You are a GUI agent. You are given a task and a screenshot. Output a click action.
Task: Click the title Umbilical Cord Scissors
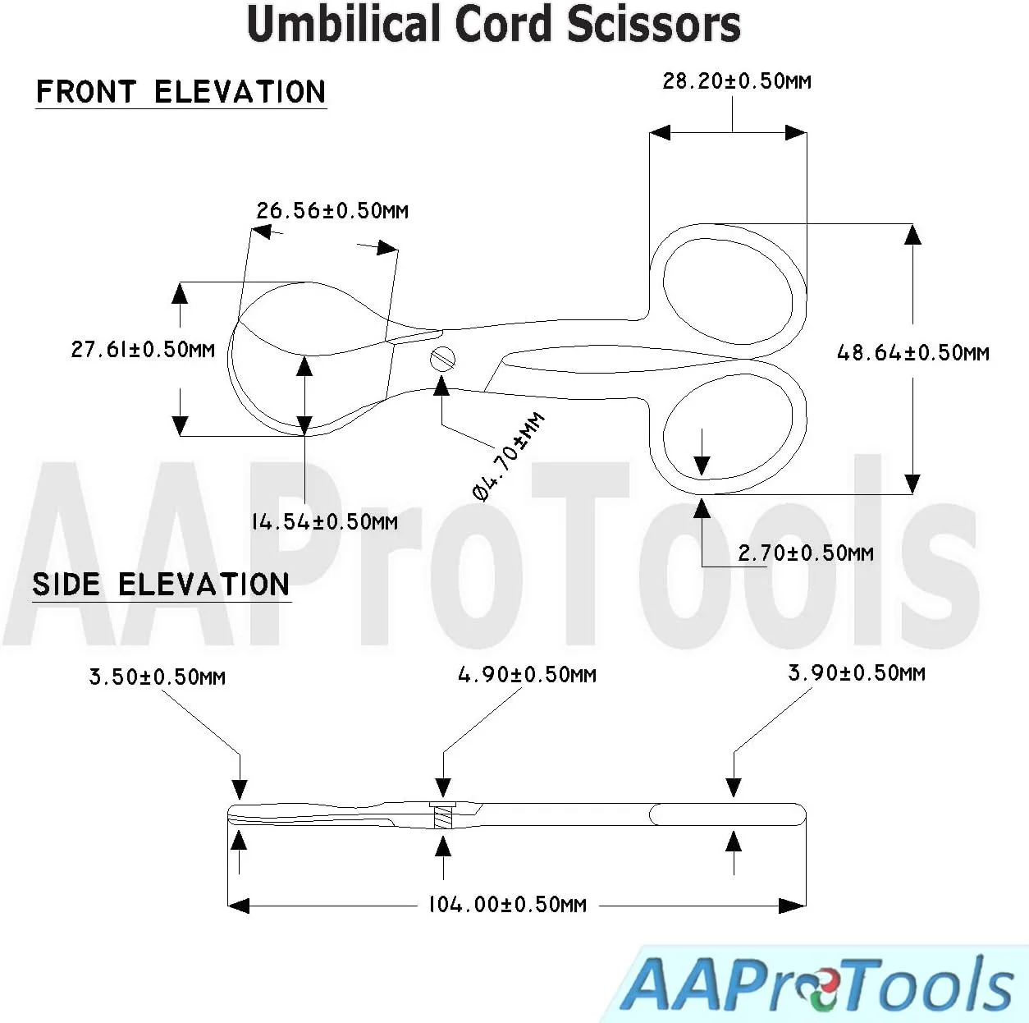(x=493, y=24)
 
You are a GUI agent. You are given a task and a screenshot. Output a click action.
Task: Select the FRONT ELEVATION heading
(x=181, y=92)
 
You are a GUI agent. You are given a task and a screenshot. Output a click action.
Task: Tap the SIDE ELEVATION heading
(x=161, y=585)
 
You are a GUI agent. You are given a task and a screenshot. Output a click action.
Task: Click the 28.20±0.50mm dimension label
(x=736, y=81)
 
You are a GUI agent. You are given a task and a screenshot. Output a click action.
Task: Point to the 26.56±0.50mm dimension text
(x=332, y=211)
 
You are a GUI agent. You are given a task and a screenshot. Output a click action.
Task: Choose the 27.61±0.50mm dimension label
(x=142, y=350)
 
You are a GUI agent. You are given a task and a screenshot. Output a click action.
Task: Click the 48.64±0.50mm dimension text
(x=912, y=353)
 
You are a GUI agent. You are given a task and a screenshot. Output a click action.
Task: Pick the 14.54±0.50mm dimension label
(x=324, y=521)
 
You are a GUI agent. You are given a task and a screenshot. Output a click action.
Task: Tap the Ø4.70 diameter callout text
(x=508, y=456)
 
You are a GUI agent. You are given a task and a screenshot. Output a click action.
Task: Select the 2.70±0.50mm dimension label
(x=805, y=553)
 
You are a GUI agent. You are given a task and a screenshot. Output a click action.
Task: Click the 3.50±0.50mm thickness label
(x=157, y=677)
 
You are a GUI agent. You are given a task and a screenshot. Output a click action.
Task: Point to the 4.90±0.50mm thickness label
(x=527, y=675)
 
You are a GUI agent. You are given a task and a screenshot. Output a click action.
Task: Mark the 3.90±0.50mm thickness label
(x=856, y=673)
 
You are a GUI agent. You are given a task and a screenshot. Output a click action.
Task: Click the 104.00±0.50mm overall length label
(x=507, y=905)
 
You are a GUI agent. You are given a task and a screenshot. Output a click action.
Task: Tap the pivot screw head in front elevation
(x=442, y=359)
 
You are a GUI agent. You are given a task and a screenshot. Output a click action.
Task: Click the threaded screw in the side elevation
(x=442, y=816)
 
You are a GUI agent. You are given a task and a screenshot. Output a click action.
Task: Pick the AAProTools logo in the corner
(x=816, y=984)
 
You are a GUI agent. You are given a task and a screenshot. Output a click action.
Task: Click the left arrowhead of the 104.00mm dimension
(x=238, y=906)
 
